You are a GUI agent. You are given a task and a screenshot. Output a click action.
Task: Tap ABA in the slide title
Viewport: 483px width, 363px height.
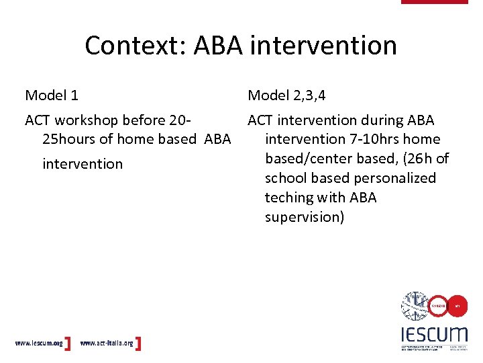pos(219,46)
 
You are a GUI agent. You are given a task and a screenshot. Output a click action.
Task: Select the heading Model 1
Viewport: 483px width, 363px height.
pos(56,95)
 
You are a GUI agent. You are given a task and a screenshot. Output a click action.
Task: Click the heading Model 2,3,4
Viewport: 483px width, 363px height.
pos(286,95)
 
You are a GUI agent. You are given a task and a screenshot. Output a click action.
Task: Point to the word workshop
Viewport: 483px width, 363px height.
pos(89,120)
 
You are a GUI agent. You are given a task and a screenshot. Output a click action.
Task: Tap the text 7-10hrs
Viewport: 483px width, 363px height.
pos(368,140)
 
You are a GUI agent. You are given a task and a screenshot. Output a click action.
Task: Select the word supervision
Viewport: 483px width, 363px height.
pos(305,217)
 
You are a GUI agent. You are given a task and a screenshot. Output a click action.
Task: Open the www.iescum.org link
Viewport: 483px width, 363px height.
pos(39,344)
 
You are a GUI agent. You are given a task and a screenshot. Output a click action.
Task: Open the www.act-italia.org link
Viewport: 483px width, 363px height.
pos(107,344)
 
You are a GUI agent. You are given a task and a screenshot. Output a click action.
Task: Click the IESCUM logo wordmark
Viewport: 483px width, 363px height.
pos(433,334)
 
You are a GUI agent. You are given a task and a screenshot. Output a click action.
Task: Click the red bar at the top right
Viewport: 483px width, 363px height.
pos(434,2)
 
